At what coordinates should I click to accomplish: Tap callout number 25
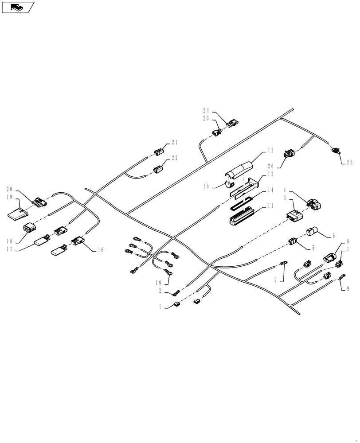(x=349, y=162)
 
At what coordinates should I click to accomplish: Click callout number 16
(x=100, y=250)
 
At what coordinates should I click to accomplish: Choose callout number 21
(x=174, y=142)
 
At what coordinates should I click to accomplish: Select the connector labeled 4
(x=314, y=205)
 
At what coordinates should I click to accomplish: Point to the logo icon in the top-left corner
(x=17, y=7)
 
